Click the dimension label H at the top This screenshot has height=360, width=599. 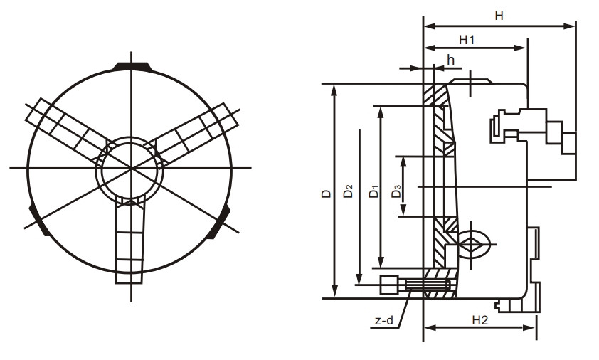click(499, 16)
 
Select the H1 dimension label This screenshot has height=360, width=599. click(467, 40)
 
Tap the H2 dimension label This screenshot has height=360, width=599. click(480, 320)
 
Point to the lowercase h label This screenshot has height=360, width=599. click(451, 60)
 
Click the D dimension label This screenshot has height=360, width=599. click(327, 194)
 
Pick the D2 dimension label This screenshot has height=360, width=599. click(348, 191)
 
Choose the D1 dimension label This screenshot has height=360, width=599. click(373, 191)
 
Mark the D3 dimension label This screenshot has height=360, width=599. click(396, 191)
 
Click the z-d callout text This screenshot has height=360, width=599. click(384, 320)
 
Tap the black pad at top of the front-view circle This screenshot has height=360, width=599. click(132, 66)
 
